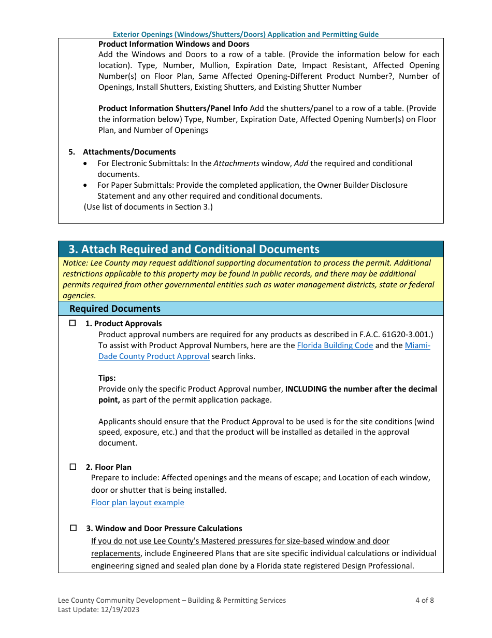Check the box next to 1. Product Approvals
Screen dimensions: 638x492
[x=73, y=323]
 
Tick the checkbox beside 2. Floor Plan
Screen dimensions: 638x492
[x=73, y=467]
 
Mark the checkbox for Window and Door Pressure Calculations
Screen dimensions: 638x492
[x=73, y=528]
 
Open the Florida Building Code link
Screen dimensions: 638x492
[x=335, y=345]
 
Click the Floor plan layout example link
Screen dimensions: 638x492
[x=137, y=503]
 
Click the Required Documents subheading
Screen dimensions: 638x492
[x=115, y=309]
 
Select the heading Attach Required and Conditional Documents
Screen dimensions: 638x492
[x=194, y=249]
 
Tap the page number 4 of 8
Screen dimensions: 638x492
[x=424, y=600]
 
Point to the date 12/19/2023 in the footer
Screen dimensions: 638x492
[x=121, y=610]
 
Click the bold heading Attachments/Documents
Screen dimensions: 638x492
[x=129, y=152]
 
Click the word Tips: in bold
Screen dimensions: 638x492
[x=107, y=378]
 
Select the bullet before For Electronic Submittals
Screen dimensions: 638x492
[x=85, y=163]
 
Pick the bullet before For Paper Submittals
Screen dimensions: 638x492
[x=85, y=185]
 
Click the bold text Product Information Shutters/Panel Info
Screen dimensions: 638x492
[x=173, y=108]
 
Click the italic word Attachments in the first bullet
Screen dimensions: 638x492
[x=237, y=163]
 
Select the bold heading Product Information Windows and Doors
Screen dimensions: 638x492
[x=173, y=44]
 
